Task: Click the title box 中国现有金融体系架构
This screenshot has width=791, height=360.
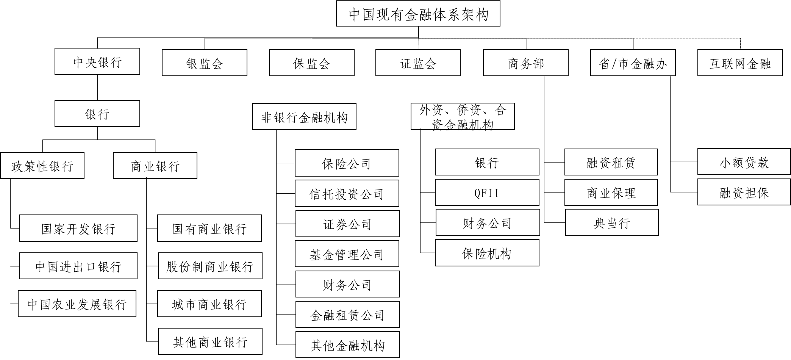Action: (x=418, y=14)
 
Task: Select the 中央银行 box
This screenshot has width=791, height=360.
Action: (x=97, y=61)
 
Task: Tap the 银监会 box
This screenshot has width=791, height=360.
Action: (x=205, y=63)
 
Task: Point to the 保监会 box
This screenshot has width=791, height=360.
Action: (x=311, y=63)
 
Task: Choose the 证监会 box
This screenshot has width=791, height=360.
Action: (x=418, y=63)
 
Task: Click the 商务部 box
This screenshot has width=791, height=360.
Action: (x=525, y=63)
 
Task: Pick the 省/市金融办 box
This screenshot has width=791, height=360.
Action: (x=633, y=63)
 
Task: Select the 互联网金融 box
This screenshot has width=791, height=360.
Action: (x=740, y=63)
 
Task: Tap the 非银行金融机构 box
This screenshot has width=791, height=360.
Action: (x=304, y=117)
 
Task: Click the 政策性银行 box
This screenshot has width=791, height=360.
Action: (x=42, y=166)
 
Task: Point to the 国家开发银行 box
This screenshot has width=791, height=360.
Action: (x=78, y=229)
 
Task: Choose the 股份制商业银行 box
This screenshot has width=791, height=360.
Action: (x=210, y=266)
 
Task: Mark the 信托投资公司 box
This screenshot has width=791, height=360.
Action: (x=347, y=194)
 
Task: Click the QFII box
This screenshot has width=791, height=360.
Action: (x=487, y=193)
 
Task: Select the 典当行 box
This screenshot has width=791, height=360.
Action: (x=611, y=223)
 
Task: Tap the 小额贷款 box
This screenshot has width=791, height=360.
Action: (x=744, y=162)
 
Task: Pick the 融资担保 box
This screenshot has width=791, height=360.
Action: (x=744, y=193)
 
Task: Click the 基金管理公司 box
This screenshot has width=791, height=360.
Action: (x=347, y=254)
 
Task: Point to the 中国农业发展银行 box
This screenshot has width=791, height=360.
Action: (x=77, y=304)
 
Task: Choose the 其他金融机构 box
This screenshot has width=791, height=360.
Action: (x=347, y=345)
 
